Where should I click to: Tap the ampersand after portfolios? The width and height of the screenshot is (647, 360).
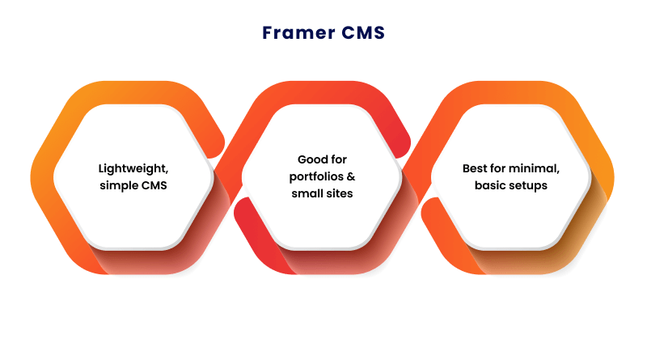(352, 176)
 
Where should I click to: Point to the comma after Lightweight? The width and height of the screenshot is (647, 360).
(167, 172)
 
